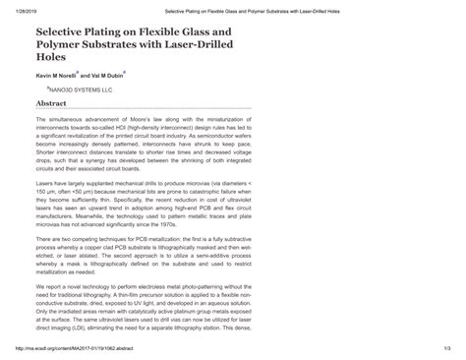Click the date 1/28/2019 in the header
pyautogui.click(x=24, y=5)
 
